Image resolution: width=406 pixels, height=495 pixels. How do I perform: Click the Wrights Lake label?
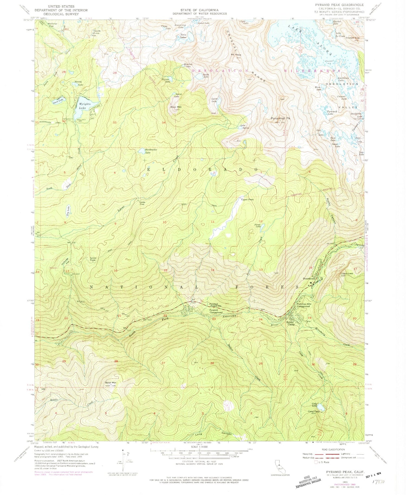[84, 106]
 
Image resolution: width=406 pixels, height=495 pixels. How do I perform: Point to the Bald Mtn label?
[110, 383]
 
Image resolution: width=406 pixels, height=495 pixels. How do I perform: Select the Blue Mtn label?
[176, 107]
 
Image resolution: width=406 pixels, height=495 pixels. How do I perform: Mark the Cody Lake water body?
[321, 407]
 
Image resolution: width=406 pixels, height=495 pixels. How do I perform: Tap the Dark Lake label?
[58, 101]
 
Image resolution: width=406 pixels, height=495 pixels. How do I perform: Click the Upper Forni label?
[247, 200]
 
